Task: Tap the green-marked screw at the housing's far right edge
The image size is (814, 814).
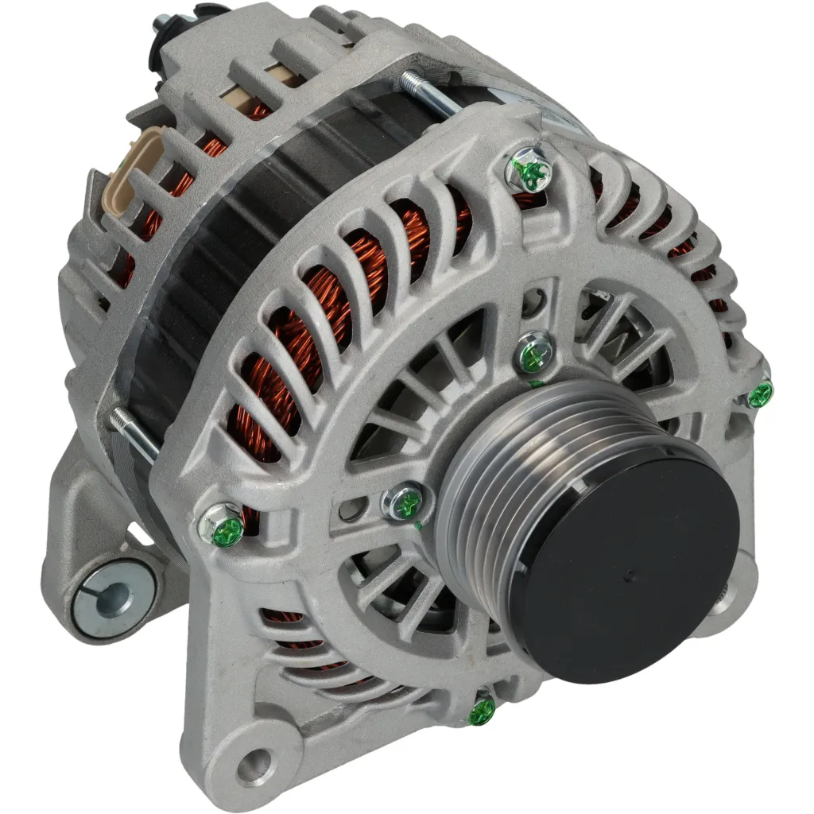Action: coord(759,392)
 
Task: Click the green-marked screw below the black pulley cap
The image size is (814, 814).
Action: coord(482,711)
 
